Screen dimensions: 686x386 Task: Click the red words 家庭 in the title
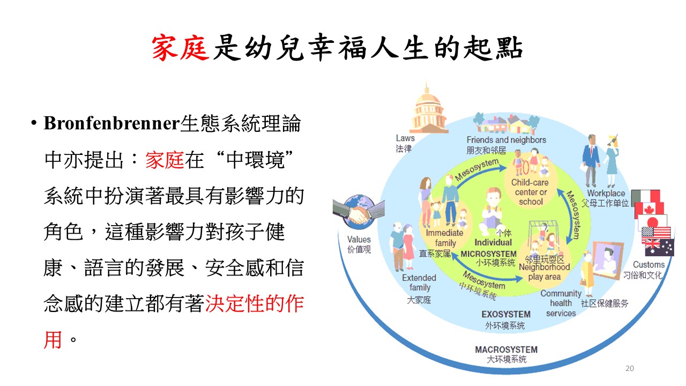(181, 48)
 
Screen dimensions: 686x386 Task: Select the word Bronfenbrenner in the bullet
(112, 123)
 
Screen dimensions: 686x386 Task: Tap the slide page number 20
(630, 368)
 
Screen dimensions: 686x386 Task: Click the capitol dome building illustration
(428, 108)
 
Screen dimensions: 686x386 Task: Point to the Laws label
(405, 138)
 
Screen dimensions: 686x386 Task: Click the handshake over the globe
(359, 212)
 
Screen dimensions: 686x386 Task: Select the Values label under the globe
(359, 240)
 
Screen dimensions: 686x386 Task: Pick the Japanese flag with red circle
(653, 222)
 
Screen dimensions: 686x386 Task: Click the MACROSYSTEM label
(506, 350)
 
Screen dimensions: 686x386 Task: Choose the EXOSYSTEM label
(506, 314)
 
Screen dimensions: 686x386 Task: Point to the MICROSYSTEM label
(488, 254)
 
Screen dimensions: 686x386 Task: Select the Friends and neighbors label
(506, 140)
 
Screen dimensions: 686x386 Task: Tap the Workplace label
(606, 194)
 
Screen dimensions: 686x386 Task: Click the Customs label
(648, 264)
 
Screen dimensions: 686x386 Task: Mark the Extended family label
(419, 283)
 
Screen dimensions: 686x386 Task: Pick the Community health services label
(561, 303)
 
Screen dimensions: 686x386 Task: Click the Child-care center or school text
(530, 192)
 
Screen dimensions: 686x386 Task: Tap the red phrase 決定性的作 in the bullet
(254, 304)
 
